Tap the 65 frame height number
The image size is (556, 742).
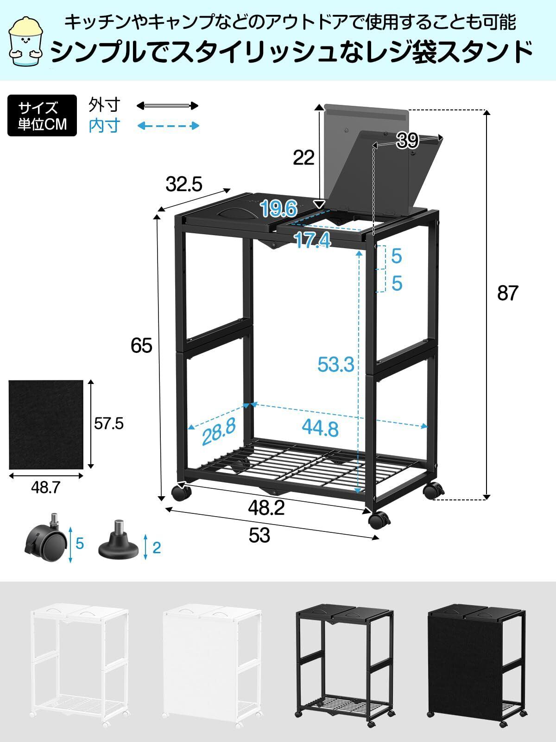141,345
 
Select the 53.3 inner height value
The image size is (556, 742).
336,365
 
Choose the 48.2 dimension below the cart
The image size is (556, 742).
266,509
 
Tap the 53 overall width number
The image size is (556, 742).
259,536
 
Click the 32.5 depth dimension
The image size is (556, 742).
184,185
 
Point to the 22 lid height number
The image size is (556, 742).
303,158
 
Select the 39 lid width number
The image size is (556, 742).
408,141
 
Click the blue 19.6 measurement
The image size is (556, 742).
278,209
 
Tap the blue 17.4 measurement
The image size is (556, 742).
313,240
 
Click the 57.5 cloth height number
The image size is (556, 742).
109,423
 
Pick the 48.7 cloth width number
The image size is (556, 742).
45,487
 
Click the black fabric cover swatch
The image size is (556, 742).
45,424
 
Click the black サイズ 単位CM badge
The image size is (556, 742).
42,115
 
